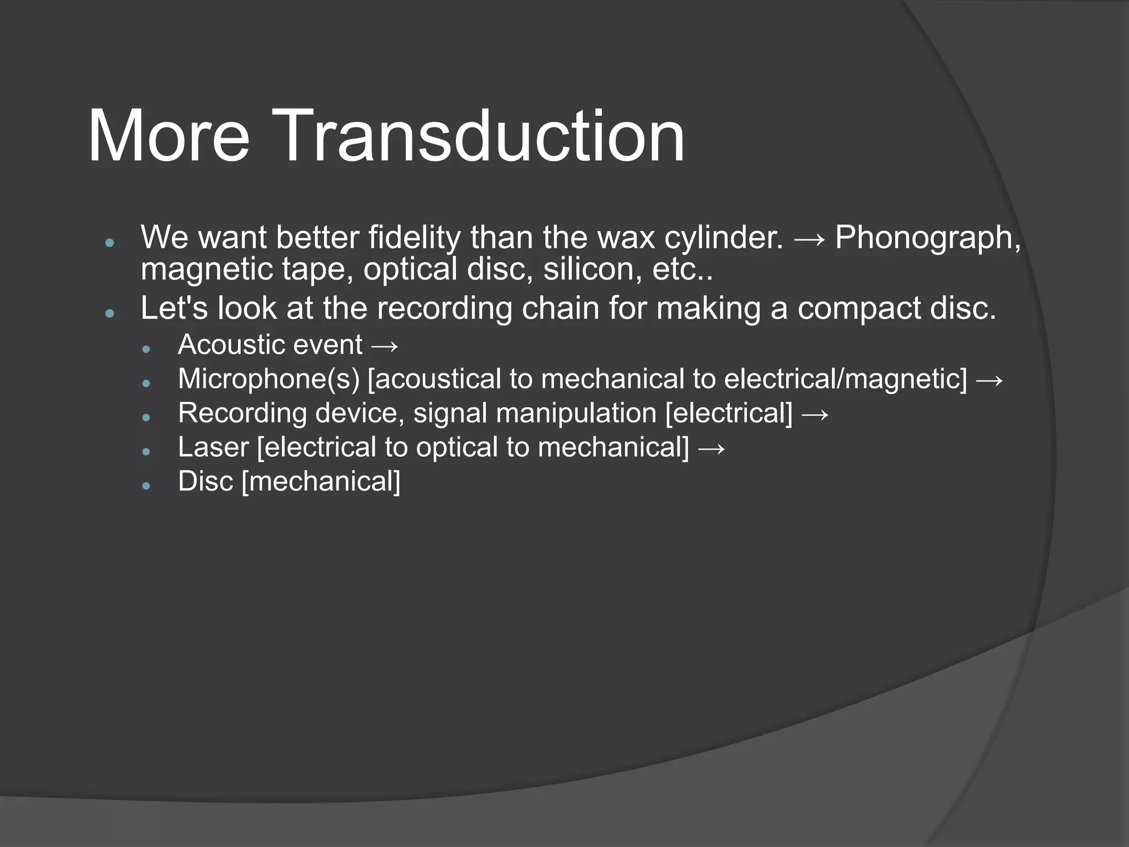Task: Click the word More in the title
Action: pyautogui.click(x=169, y=136)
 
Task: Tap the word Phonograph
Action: pyautogui.click(x=927, y=238)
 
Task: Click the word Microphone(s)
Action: pyautogui.click(x=269, y=379)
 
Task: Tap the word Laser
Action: pyautogui.click(x=213, y=447)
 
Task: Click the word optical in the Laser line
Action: pyautogui.click(x=456, y=448)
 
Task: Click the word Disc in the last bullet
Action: pyautogui.click(x=206, y=481)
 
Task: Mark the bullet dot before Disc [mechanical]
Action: pyautogui.click(x=146, y=485)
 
